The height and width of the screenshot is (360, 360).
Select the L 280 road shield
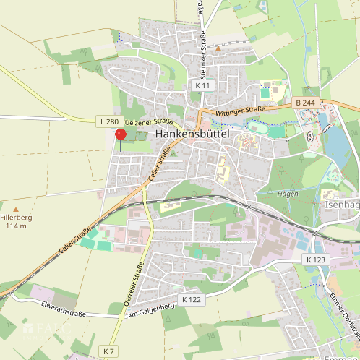tap(107, 121)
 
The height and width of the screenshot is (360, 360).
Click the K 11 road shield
tap(202, 85)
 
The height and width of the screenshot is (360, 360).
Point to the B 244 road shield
tap(305, 103)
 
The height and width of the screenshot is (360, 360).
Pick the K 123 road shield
tap(315, 259)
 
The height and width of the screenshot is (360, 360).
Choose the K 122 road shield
tap(191, 299)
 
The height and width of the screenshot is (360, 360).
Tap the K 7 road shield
tap(108, 351)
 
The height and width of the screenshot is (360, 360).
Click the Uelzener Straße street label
tap(147, 122)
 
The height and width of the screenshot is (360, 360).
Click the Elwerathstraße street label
tap(64, 311)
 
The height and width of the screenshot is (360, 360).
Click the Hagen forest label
tap(287, 194)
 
